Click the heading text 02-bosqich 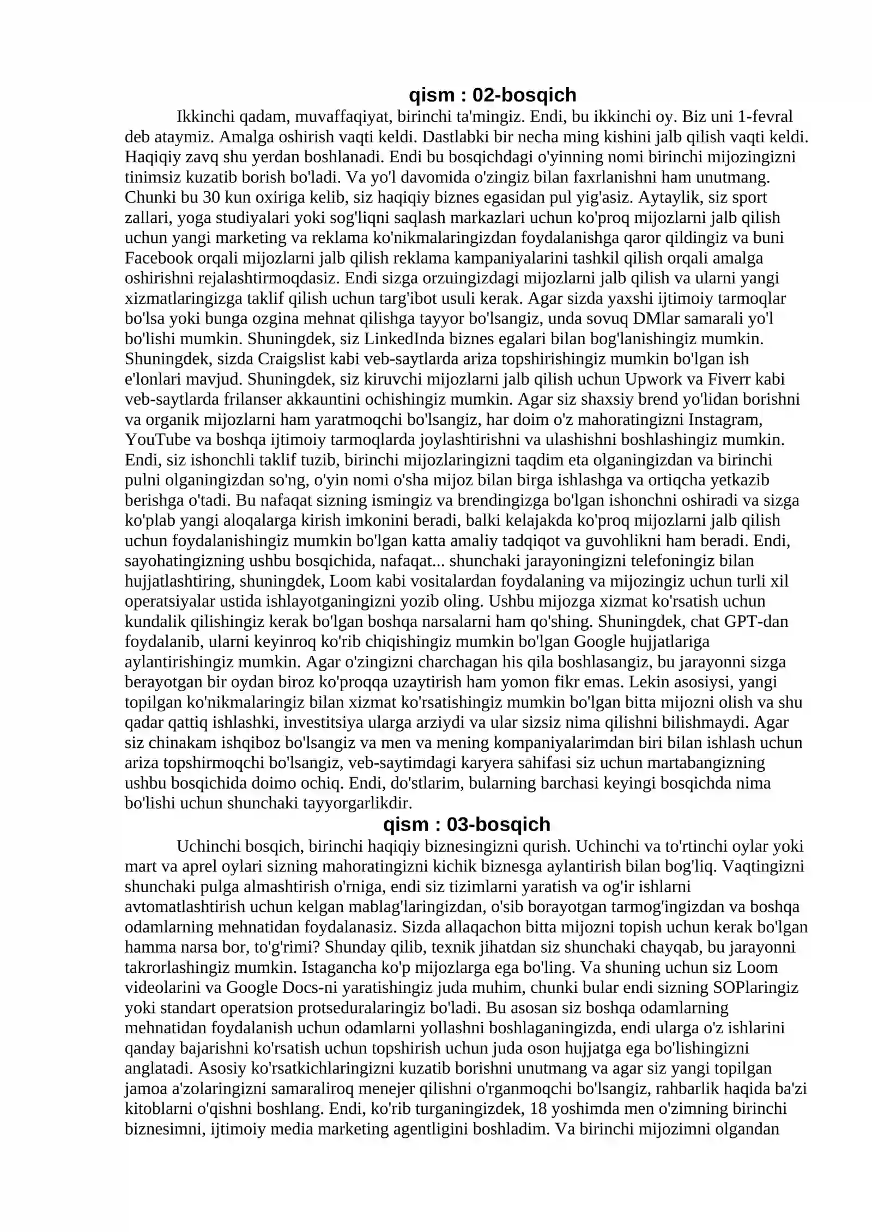pos(524,95)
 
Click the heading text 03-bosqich pos(498,825)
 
